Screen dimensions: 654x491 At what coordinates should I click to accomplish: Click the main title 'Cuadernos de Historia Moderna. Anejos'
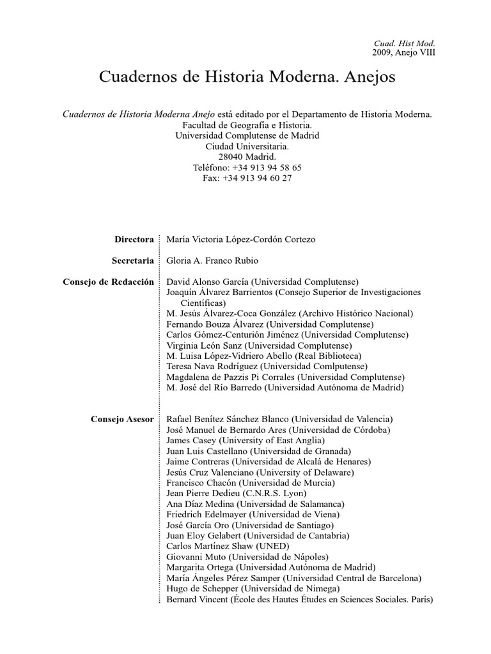pyautogui.click(x=247, y=77)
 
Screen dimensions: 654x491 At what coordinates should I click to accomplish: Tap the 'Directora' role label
pyautogui.click(x=134, y=240)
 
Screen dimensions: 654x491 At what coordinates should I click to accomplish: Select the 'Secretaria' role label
pyautogui.click(x=133, y=261)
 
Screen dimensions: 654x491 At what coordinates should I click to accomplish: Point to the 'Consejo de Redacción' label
pyautogui.click(x=109, y=282)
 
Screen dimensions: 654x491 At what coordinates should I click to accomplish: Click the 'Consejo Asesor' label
pyautogui.click(x=123, y=419)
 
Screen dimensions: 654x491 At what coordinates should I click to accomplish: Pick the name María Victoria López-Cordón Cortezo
pyautogui.click(x=240, y=240)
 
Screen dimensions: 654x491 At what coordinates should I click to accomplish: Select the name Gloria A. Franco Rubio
pyautogui.click(x=212, y=261)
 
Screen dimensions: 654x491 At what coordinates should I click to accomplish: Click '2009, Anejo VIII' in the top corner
pyautogui.click(x=403, y=52)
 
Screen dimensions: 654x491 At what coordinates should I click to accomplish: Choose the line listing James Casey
pyautogui.click(x=245, y=441)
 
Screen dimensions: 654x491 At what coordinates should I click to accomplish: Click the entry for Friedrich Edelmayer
pyautogui.click(x=253, y=514)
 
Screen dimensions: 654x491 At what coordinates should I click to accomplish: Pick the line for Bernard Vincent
pyautogui.click(x=299, y=600)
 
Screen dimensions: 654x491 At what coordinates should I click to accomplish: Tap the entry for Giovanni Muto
pyautogui.click(x=247, y=557)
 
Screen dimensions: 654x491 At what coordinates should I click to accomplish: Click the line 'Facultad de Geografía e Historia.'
pyautogui.click(x=247, y=125)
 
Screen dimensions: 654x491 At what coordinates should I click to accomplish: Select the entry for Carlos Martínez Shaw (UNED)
pyautogui.click(x=228, y=546)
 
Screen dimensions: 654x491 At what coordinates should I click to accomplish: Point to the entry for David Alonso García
pyautogui.click(x=262, y=282)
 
